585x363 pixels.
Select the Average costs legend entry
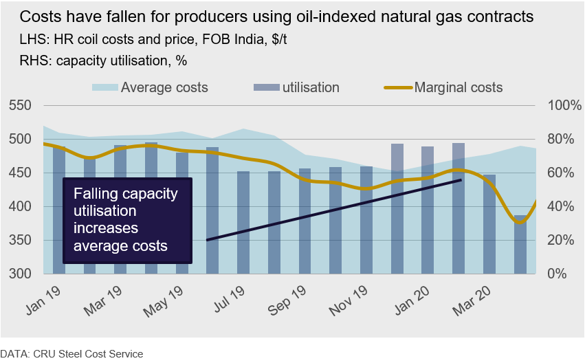point(164,87)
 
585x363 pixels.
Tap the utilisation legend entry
point(309,87)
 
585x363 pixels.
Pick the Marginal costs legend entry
point(458,87)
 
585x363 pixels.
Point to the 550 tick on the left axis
point(21,106)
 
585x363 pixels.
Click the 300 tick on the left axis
point(21,274)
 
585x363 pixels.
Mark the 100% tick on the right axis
point(564,106)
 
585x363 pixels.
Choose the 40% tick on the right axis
point(561,206)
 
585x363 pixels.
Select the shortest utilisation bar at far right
point(520,244)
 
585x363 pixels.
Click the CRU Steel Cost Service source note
point(71,353)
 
